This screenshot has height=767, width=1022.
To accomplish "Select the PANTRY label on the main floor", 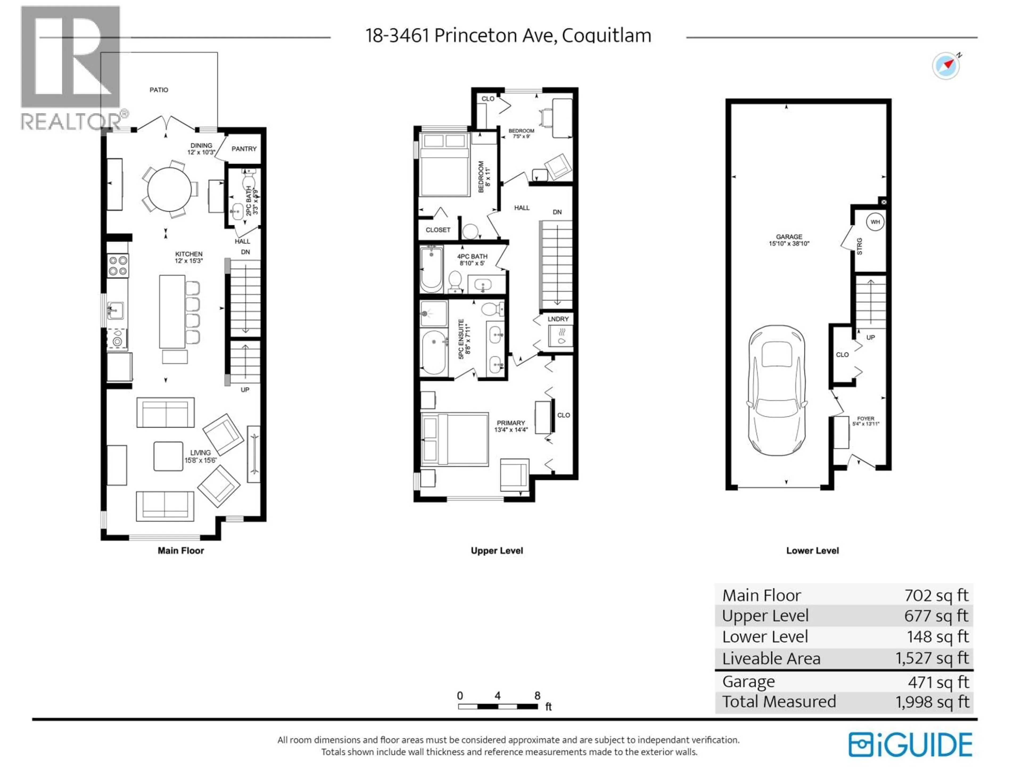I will (244, 149).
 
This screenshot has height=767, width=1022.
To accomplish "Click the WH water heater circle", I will (875, 222).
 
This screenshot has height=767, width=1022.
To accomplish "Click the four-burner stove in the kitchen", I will (118, 266).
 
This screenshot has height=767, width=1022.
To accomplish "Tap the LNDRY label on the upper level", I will (558, 319).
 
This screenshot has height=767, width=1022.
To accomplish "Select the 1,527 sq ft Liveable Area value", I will (932, 658).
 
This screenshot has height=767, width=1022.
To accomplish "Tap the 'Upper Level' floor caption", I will (497, 551).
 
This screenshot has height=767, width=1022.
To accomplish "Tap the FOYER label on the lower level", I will (866, 418).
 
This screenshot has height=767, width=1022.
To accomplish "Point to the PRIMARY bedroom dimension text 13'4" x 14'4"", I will (510, 430).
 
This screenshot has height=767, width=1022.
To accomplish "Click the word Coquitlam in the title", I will (606, 36).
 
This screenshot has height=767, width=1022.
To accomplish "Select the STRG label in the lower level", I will (859, 246).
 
